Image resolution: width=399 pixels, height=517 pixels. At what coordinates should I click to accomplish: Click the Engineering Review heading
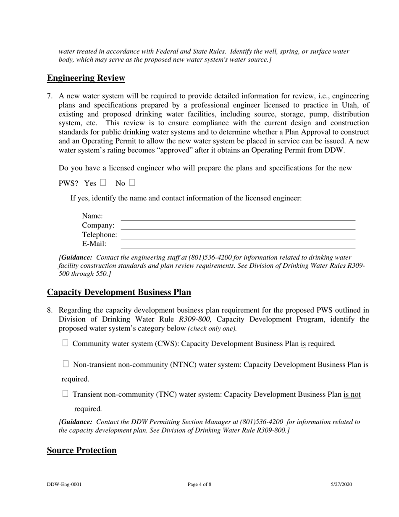tap(86, 78)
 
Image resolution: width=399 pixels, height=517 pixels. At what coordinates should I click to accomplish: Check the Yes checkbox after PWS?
tap(103, 183)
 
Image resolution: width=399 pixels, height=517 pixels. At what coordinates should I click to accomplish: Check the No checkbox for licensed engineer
tap(132, 183)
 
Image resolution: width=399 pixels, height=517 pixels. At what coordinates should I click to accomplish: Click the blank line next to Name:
tap(238, 217)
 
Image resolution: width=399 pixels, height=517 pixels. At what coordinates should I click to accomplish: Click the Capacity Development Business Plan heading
tap(119, 292)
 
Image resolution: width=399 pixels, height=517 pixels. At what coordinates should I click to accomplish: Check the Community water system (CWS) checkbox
tap(65, 343)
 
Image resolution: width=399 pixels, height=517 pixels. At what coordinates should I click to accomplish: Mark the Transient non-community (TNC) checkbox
tap(65, 394)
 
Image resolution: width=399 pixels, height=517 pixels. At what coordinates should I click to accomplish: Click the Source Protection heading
tap(81, 450)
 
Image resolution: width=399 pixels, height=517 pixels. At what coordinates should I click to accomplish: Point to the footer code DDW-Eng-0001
tap(64, 484)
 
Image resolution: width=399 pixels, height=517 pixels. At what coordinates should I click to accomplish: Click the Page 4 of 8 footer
tap(199, 484)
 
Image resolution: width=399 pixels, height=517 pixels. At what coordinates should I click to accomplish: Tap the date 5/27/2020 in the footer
tap(341, 484)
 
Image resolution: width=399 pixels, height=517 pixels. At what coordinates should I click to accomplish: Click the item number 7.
tap(50, 96)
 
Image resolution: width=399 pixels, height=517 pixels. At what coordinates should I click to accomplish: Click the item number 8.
tap(50, 310)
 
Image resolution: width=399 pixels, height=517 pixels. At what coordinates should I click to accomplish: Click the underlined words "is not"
tap(352, 395)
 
